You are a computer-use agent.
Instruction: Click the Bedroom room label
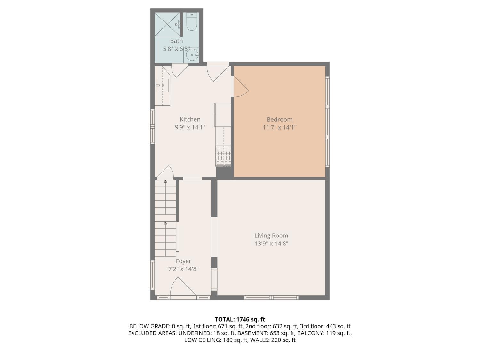click(279, 119)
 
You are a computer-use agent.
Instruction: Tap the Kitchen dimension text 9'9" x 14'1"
click(190, 127)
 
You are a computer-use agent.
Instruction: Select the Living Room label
click(271, 236)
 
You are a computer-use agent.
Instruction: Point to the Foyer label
click(183, 261)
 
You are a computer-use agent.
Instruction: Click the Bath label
click(176, 41)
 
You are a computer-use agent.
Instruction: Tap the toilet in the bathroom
click(192, 21)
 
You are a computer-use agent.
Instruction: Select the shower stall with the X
click(167, 24)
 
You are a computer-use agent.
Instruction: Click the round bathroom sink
click(192, 55)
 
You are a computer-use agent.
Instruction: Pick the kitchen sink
click(163, 85)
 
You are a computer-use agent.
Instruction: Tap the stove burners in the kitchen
click(223, 156)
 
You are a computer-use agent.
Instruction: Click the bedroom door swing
click(240, 86)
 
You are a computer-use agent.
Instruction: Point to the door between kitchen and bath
click(179, 70)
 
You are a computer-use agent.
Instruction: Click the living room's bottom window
click(271, 297)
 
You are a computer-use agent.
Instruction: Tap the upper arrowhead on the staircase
click(165, 181)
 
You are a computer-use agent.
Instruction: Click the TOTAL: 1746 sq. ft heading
click(240, 319)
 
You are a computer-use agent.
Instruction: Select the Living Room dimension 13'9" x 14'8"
click(271, 244)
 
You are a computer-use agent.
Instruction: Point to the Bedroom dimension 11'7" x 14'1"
click(279, 127)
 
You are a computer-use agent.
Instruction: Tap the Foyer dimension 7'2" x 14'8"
click(183, 269)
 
